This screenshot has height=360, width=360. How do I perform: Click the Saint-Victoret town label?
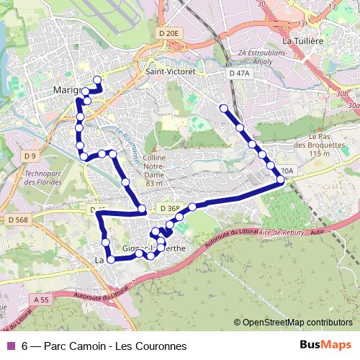point(172,71)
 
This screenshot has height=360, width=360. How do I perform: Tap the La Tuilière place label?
point(303,42)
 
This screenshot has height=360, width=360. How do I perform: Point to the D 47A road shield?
point(238,73)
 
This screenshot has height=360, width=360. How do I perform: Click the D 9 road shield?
point(30,156)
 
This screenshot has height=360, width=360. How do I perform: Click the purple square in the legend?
point(10,346)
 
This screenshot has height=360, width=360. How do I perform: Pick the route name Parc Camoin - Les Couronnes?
point(115,346)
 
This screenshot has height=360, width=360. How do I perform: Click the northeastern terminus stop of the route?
point(223,109)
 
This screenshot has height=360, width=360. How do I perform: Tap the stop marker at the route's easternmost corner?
point(280,179)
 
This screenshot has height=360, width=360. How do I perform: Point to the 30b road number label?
point(341,94)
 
